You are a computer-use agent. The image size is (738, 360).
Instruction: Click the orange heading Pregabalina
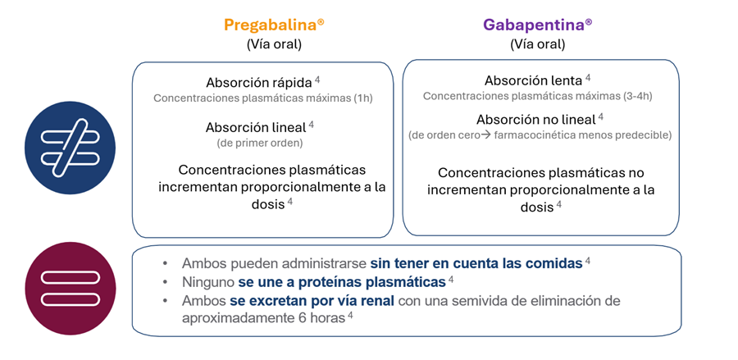[x=270, y=25]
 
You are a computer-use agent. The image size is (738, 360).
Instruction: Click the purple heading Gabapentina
[x=533, y=25]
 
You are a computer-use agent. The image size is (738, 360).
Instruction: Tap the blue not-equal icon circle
[x=70, y=147]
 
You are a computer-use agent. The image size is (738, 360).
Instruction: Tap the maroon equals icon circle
[x=70, y=289]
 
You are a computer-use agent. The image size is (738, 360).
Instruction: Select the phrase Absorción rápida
[x=257, y=83]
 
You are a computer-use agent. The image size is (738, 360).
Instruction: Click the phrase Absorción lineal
[x=256, y=127]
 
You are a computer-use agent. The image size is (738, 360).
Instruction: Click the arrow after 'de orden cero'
[x=485, y=134]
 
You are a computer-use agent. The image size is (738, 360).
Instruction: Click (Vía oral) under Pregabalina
[x=274, y=44]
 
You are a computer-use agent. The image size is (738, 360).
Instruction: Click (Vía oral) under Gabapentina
[x=537, y=44]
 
